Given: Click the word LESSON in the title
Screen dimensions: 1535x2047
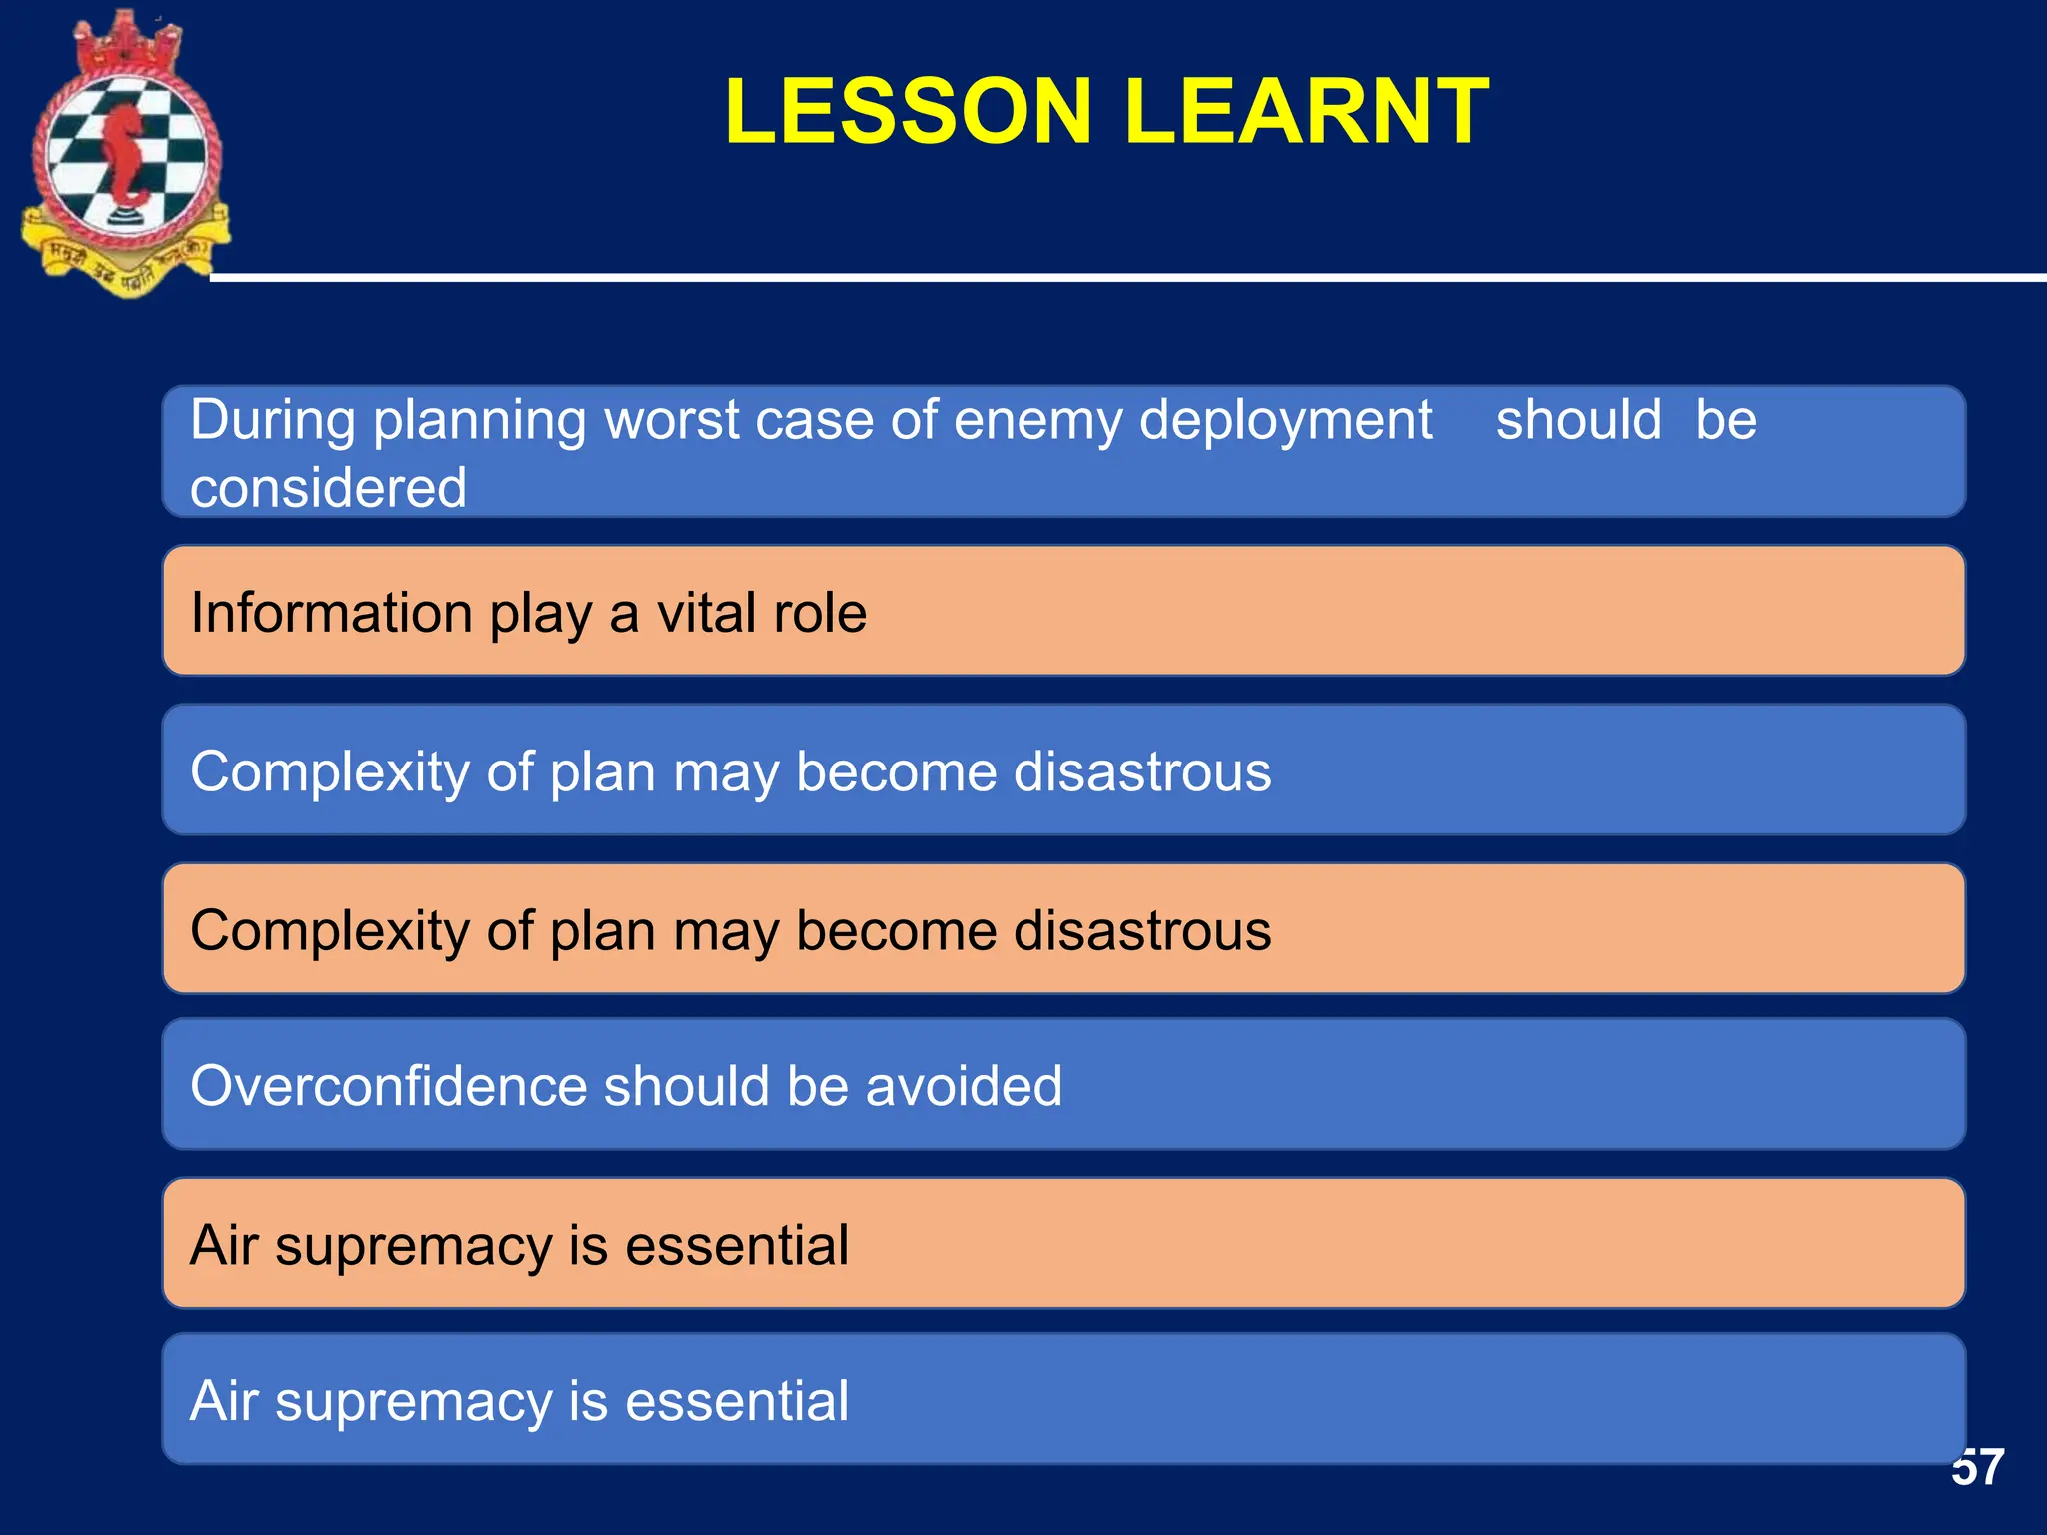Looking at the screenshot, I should [x=908, y=112].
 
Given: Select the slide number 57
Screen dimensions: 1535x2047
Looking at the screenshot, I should [x=1977, y=1468].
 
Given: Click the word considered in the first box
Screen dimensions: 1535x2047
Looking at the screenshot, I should [x=328, y=488].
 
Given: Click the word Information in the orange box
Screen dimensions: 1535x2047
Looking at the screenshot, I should [x=331, y=613].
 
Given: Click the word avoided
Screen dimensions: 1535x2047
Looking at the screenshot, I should [x=964, y=1086].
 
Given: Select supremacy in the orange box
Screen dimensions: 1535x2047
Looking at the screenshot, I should [x=414, y=1247].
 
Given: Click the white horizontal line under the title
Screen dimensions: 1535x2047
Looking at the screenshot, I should [x=1099, y=277].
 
